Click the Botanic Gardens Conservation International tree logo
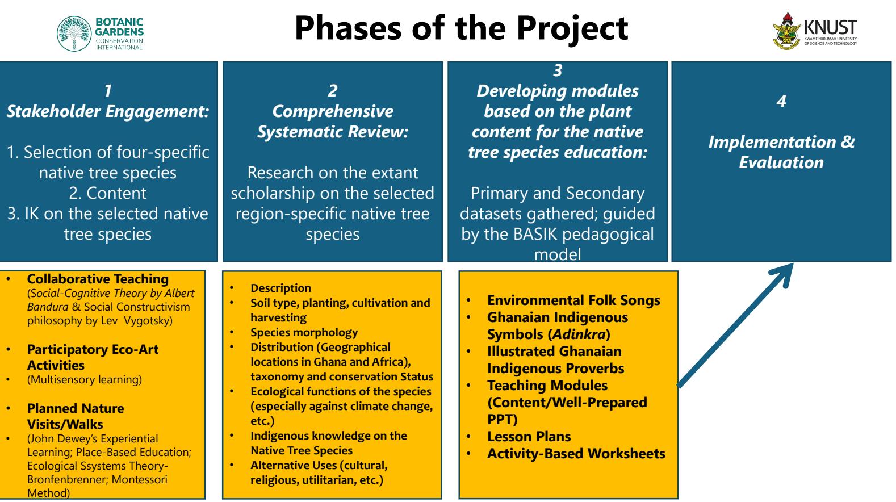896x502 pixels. [74, 34]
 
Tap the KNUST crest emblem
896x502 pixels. [786, 31]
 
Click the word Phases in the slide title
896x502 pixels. [348, 28]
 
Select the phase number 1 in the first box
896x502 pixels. [108, 91]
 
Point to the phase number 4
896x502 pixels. [781, 101]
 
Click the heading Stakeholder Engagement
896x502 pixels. [108, 112]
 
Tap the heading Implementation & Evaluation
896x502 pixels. [781, 152]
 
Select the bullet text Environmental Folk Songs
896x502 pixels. [573, 300]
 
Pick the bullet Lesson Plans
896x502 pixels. [529, 436]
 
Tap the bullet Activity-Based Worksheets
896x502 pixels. [576, 454]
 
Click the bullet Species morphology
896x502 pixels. [304, 332]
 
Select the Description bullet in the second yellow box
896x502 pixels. [281, 288]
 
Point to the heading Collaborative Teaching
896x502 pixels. [98, 279]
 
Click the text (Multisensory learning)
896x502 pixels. [85, 379]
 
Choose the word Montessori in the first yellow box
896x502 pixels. [141, 480]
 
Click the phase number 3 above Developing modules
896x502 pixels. [558, 70]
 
